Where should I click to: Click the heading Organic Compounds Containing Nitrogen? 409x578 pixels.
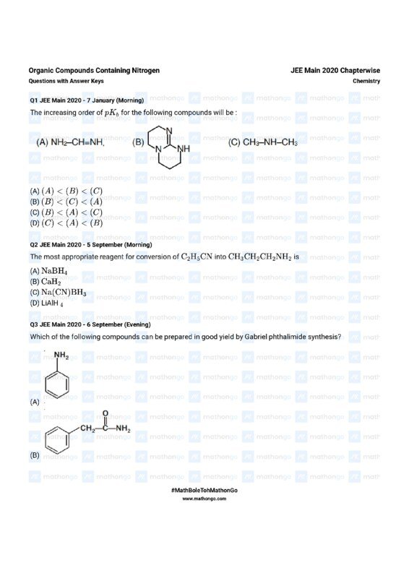tap(94, 70)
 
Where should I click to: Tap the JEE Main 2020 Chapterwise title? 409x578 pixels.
tap(335, 70)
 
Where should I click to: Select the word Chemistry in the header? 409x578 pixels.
tap(366, 81)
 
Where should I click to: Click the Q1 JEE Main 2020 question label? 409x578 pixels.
tap(87, 100)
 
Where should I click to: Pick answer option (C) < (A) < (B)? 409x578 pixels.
tap(69, 223)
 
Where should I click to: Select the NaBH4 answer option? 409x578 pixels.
tap(54, 271)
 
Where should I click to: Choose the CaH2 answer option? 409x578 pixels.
tap(51, 282)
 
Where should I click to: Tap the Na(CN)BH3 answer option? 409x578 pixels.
tap(64, 293)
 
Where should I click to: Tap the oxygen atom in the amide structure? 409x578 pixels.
tap(106, 413)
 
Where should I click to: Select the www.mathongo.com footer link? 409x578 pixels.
tap(204, 499)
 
